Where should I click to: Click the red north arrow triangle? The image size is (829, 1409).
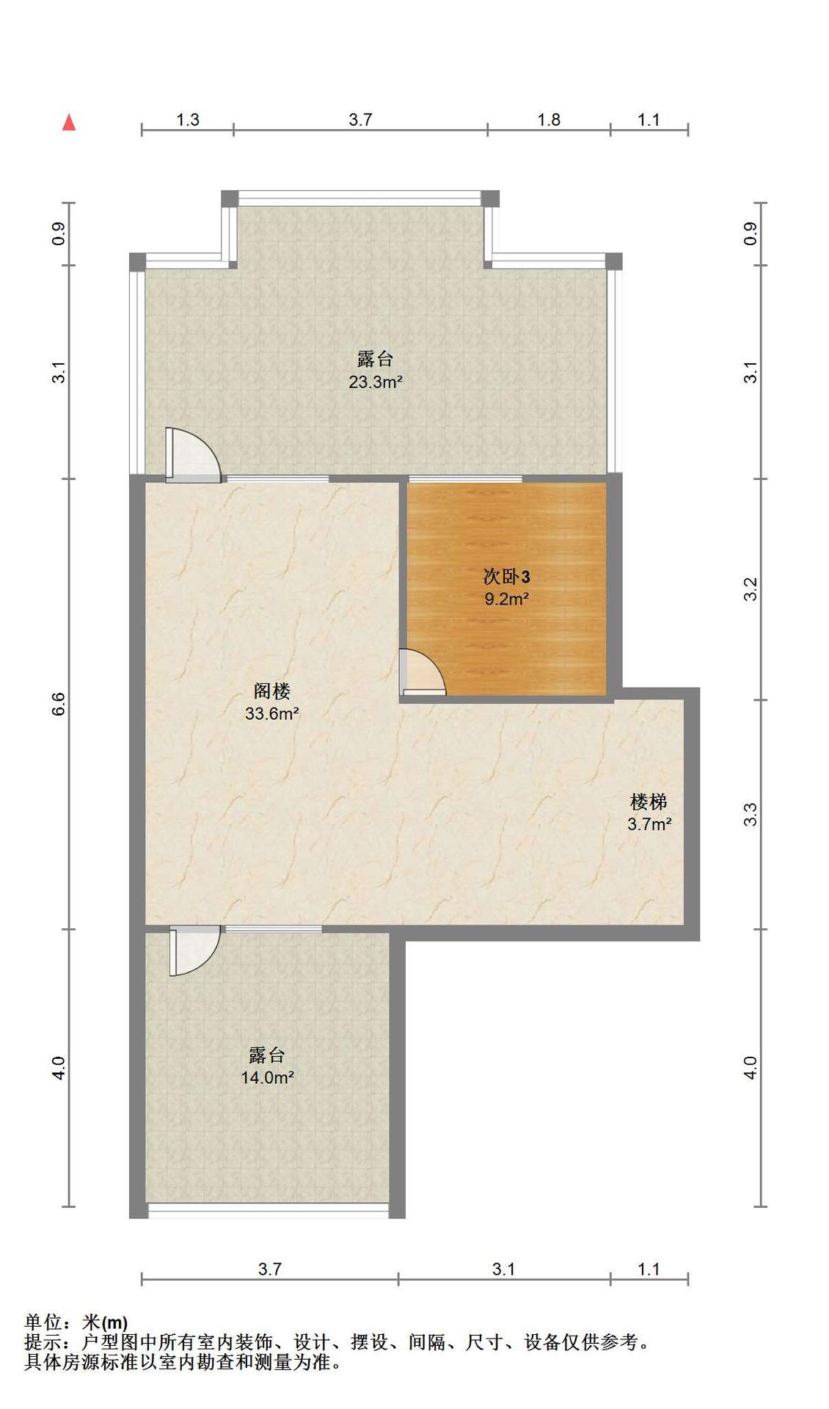click(69, 123)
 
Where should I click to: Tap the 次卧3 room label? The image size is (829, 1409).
click(506, 577)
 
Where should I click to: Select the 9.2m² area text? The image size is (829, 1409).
click(506, 599)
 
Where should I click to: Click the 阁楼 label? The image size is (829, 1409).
click(272, 691)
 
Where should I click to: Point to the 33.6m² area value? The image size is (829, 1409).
click(272, 713)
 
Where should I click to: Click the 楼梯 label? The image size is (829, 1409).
click(649, 801)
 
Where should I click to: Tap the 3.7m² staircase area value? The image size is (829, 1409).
click(649, 824)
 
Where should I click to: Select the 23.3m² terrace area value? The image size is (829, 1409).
click(375, 382)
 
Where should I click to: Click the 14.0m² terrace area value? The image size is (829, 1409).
click(268, 1077)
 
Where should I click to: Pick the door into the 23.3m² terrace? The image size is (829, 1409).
click(193, 455)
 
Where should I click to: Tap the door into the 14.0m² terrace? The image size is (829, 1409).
click(195, 951)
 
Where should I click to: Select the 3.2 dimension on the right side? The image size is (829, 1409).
click(751, 589)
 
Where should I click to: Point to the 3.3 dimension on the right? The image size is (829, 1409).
click(751, 815)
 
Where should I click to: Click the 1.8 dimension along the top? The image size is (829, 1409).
click(549, 120)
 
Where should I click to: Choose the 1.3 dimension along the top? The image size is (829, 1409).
click(188, 120)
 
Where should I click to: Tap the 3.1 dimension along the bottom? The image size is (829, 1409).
click(504, 1269)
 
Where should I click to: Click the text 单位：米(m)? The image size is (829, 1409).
click(76, 1323)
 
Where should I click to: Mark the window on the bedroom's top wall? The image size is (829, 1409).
click(465, 479)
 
